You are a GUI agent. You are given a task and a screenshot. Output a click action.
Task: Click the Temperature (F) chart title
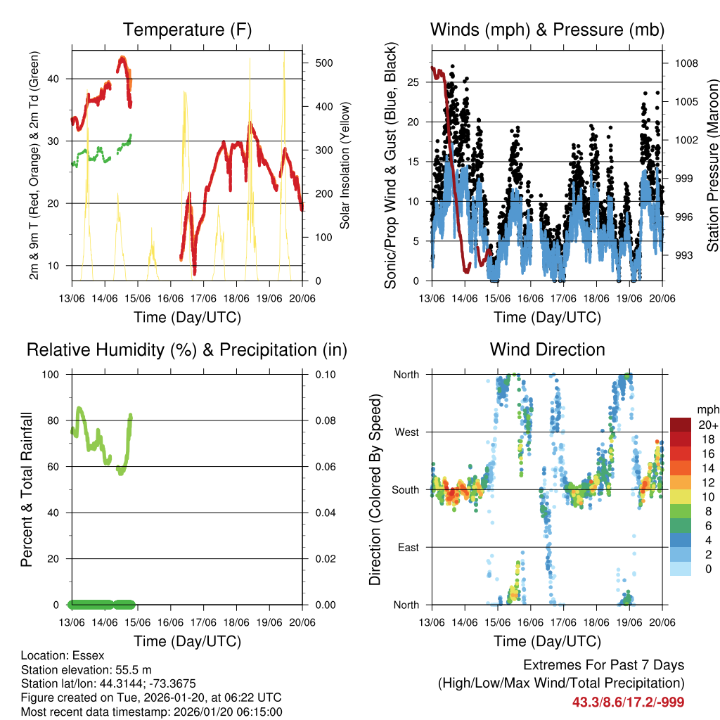pos(187,30)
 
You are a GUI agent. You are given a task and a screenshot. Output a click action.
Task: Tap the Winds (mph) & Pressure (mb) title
pos(547,30)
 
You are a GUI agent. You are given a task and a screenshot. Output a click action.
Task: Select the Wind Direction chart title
pos(547,349)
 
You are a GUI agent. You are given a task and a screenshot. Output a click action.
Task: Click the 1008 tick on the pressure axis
pos(685,63)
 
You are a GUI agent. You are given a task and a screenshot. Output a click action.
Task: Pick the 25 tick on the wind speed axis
pos(413,82)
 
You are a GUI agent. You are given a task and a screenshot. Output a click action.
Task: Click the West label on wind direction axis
pos(406,432)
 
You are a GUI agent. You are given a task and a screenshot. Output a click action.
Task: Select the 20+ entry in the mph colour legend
pos(708,425)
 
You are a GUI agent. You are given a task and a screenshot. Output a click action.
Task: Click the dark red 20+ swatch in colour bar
pos(680,424)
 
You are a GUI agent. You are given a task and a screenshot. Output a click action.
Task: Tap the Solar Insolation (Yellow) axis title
pos(345,165)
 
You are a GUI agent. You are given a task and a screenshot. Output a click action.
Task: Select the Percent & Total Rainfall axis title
pos(27,489)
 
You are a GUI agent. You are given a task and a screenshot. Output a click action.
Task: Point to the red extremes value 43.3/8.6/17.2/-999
pos(628,702)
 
